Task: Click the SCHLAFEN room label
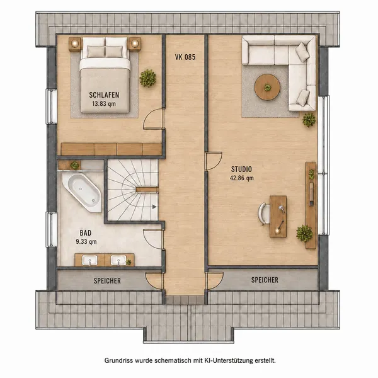[x=104, y=95]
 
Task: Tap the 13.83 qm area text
[x=104, y=104]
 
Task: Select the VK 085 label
[x=185, y=57]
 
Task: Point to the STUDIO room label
[x=241, y=169]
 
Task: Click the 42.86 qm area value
[x=241, y=178]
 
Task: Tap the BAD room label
[x=86, y=233]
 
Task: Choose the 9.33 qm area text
[x=86, y=241]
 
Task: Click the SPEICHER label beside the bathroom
[x=107, y=281]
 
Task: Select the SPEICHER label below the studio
[x=265, y=280]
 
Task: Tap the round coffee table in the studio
[x=267, y=87]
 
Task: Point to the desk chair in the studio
[x=263, y=214]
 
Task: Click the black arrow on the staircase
[x=154, y=207]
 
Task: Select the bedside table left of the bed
[x=75, y=44]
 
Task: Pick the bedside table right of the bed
[x=135, y=44]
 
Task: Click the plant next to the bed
[x=147, y=78]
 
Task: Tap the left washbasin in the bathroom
[x=89, y=260]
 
